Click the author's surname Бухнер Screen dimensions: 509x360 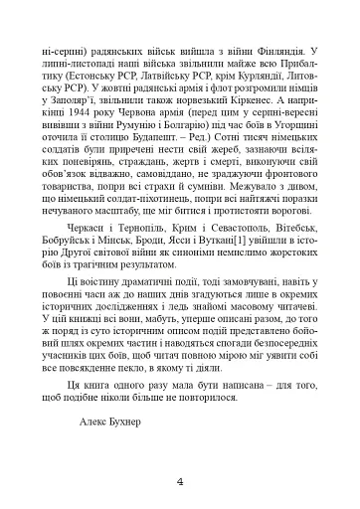coord(128,421)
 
